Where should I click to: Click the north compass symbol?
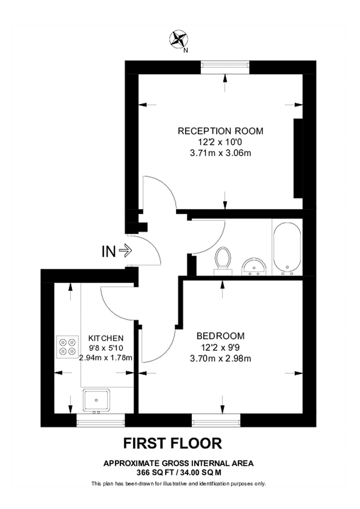[x=179, y=40]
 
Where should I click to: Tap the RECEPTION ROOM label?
[x=220, y=131]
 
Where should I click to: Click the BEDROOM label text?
[x=220, y=335]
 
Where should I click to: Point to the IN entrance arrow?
[x=117, y=251]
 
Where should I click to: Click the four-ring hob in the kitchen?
[x=68, y=347]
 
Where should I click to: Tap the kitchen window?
[x=100, y=420]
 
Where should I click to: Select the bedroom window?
[x=216, y=420]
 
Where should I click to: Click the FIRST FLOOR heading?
[x=173, y=443]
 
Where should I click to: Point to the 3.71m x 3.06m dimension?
[x=220, y=153]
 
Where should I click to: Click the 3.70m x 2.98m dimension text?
[x=220, y=357]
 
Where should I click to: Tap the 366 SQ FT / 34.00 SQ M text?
[x=178, y=472]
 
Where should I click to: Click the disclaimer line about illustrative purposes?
[x=178, y=484]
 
